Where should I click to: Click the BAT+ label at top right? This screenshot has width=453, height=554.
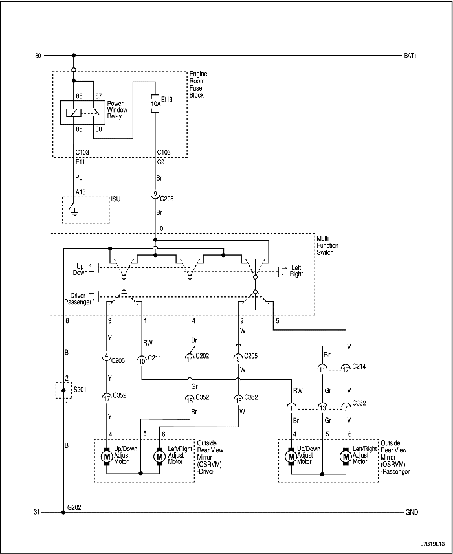click(x=410, y=56)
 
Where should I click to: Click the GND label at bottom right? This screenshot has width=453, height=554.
click(x=411, y=512)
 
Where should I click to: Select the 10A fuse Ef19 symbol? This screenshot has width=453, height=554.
click(x=155, y=102)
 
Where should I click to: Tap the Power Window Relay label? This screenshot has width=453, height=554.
click(x=118, y=109)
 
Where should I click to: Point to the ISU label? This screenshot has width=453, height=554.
click(x=116, y=199)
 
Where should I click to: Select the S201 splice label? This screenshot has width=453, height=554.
click(x=80, y=390)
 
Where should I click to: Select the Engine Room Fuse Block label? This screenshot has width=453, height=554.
click(x=197, y=85)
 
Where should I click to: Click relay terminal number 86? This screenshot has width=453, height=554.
click(x=80, y=96)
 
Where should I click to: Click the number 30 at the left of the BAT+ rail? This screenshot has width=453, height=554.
click(x=38, y=56)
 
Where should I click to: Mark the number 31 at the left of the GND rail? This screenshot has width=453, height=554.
click(x=38, y=512)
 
